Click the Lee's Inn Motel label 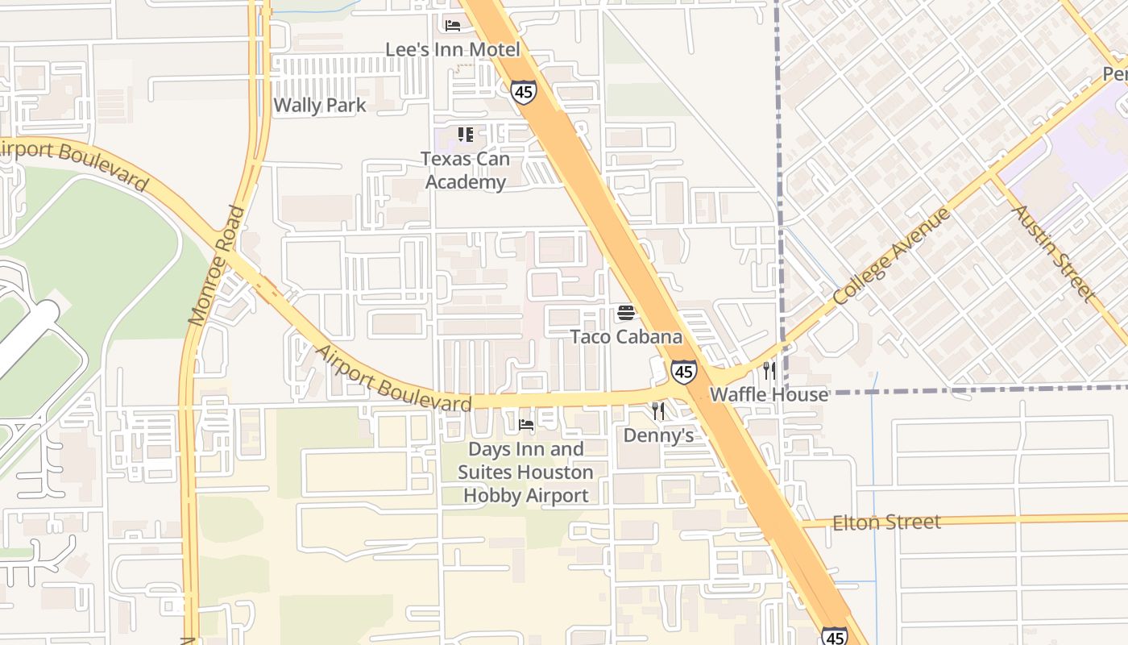coord(452,49)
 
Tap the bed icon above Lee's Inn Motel coord(453,26)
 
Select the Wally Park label coord(320,105)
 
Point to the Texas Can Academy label coord(466,170)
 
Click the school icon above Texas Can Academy coord(466,134)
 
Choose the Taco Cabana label coord(626,336)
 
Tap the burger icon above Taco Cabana coord(626,313)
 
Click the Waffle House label coord(769,394)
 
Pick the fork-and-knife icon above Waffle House coord(769,371)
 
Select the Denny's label coord(658,435)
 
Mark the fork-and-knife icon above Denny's coord(658,412)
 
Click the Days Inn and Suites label coord(526,472)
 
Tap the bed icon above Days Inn coord(526,424)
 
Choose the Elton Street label coord(886,522)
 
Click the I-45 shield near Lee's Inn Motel coord(523,92)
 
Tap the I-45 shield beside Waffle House coord(683,372)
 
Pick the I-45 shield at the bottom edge coord(835,636)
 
